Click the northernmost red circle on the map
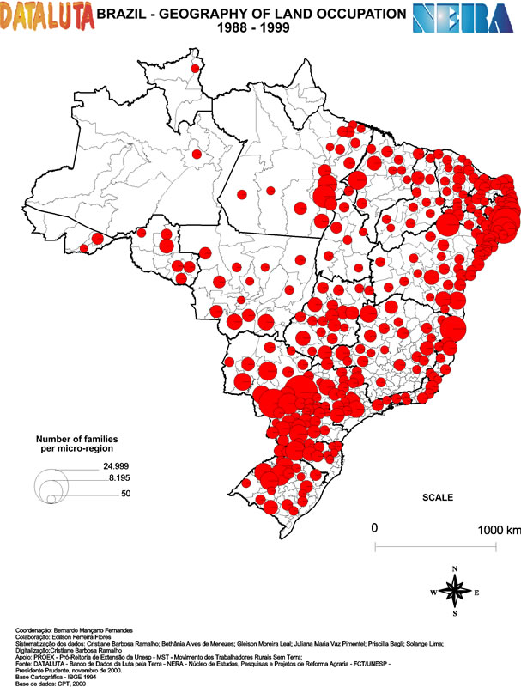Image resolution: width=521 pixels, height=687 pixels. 195,68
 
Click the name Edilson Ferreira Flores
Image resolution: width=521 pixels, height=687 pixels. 81,637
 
